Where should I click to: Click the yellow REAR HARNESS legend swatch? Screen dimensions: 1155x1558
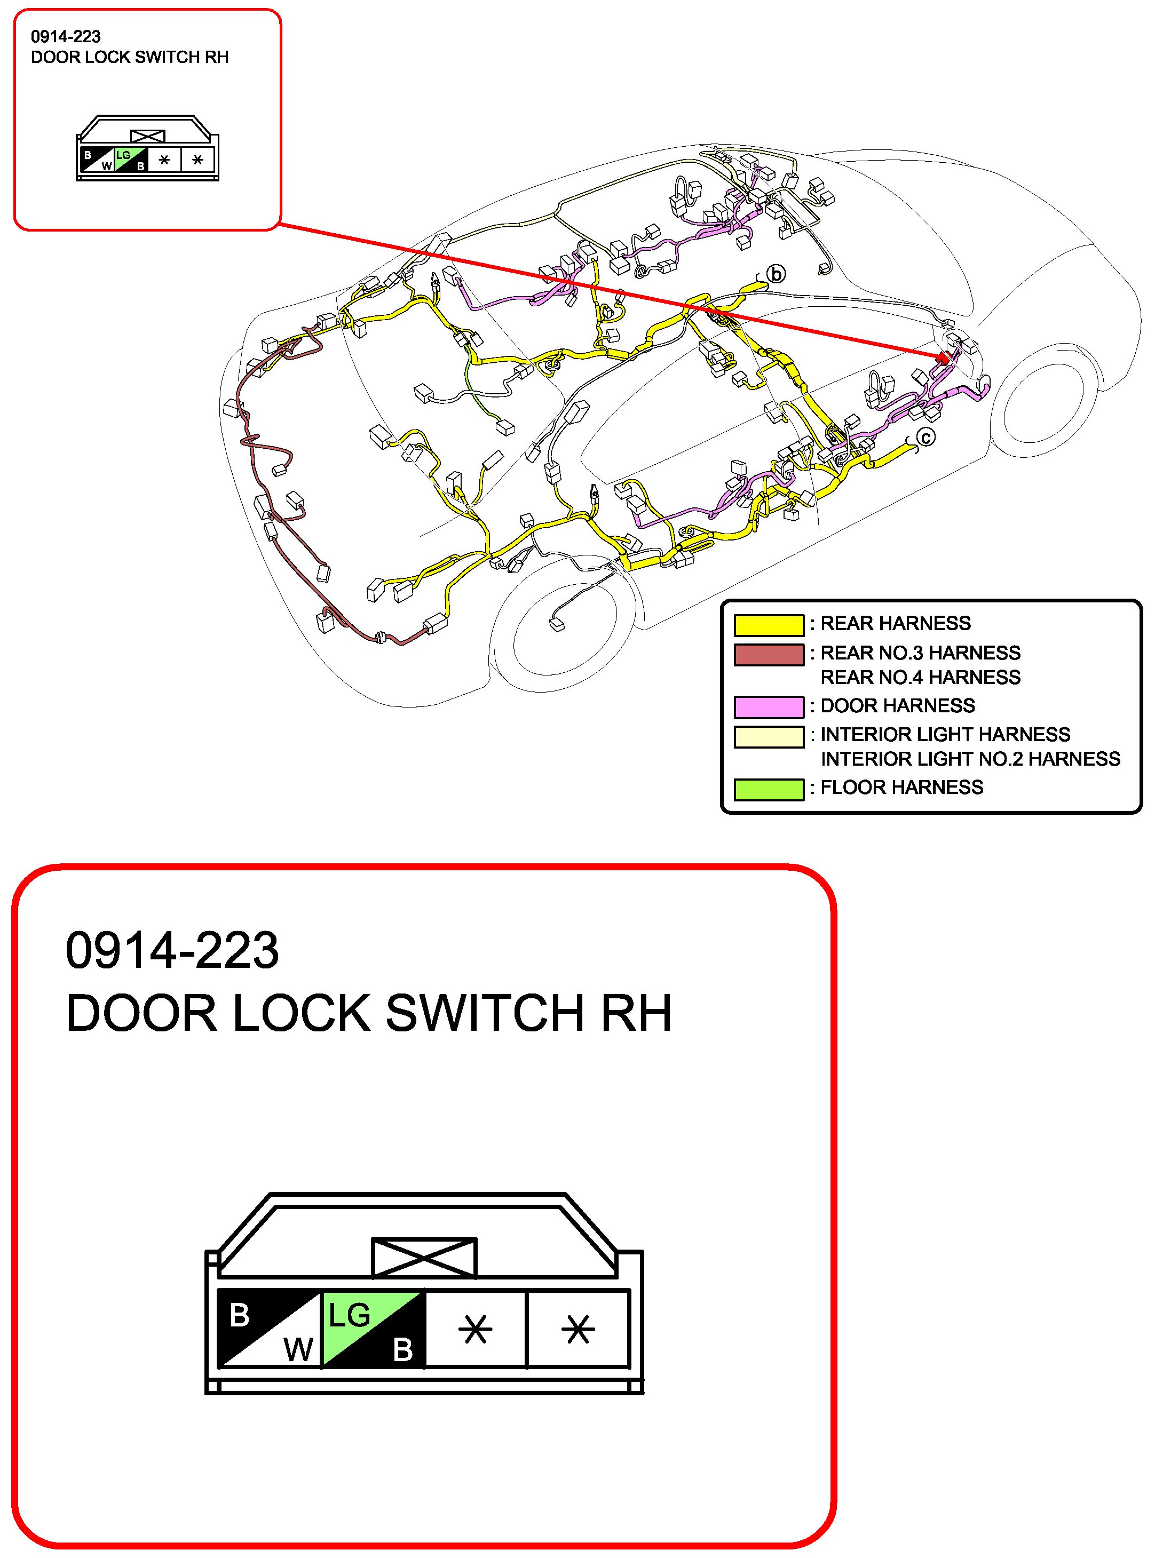(x=769, y=624)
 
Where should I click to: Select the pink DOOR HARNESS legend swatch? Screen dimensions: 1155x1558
(x=769, y=706)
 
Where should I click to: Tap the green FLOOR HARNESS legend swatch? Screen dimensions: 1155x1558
(x=769, y=789)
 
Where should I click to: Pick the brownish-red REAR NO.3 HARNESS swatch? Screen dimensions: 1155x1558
(x=769, y=654)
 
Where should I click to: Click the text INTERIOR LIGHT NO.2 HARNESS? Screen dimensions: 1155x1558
(x=970, y=759)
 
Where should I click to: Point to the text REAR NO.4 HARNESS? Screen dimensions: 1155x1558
(x=920, y=677)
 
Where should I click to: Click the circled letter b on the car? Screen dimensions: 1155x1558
(x=776, y=274)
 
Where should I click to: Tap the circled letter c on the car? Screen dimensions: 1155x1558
(x=925, y=438)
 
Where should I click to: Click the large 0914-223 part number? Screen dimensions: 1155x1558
(x=172, y=951)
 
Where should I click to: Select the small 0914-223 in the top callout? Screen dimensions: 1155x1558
(x=66, y=36)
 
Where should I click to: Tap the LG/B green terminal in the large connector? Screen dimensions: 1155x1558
(x=374, y=1328)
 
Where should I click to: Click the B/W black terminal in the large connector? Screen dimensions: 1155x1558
(x=269, y=1328)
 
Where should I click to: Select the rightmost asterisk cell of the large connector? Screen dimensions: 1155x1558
(x=578, y=1328)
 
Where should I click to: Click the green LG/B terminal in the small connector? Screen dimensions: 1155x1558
(x=131, y=160)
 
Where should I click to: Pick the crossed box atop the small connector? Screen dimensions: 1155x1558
(x=147, y=136)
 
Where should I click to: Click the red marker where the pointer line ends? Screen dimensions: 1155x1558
(x=943, y=359)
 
